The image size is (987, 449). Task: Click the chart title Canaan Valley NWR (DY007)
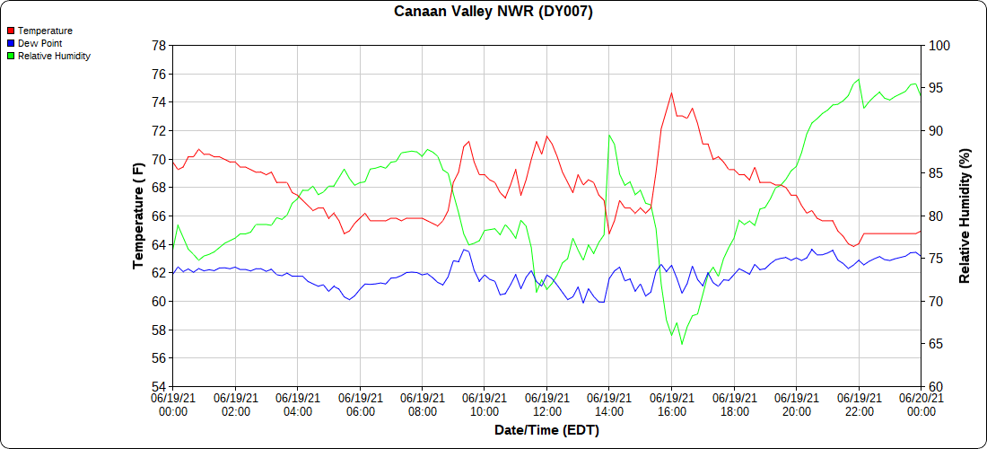coord(493,12)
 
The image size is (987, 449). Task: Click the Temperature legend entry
coord(45,31)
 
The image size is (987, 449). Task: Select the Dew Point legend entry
coord(39,43)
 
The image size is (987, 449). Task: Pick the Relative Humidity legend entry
coord(54,56)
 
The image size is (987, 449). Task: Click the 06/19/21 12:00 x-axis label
coord(546,404)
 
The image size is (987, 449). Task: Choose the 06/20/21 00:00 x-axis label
coord(920,404)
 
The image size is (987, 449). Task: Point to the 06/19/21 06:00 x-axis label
coord(360,404)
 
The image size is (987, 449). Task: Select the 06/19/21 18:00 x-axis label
coord(733,404)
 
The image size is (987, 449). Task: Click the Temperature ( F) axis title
coord(138,216)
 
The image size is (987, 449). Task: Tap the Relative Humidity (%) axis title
coord(965,216)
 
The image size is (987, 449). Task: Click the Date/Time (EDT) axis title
coord(546,430)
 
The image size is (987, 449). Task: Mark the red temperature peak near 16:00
coord(671,92)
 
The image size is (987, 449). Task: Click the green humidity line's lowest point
coord(682,344)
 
